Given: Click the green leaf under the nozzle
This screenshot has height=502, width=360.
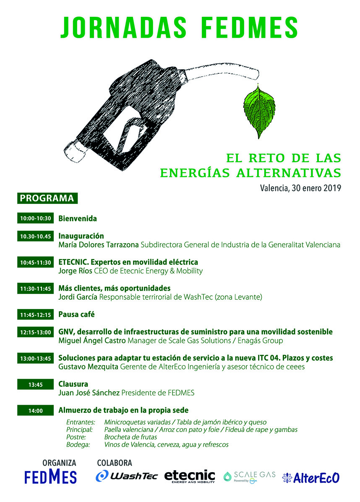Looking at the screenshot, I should [x=259, y=112].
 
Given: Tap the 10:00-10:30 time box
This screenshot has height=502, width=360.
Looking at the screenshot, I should [x=36, y=218].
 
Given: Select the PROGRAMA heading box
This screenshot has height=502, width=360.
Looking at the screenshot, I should [x=47, y=198].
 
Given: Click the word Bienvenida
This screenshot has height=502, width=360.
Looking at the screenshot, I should [x=78, y=218].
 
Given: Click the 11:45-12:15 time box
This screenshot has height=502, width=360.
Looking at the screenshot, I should [x=36, y=315].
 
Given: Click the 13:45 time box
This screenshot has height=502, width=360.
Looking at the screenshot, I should [x=36, y=384].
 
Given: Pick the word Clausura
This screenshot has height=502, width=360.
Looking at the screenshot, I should [x=73, y=384].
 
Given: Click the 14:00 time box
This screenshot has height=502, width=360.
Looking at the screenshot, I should [x=36, y=411].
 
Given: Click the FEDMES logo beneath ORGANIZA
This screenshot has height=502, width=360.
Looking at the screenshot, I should [x=50, y=476].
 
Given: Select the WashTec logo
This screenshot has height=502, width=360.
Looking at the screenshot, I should [x=127, y=476].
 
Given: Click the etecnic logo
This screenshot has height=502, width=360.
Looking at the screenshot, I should [x=190, y=476].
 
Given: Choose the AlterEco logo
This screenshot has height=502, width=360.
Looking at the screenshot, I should [x=311, y=477].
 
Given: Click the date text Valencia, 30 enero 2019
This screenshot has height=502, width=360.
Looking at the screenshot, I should [x=300, y=188].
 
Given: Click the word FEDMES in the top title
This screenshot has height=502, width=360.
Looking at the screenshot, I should [x=250, y=28].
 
